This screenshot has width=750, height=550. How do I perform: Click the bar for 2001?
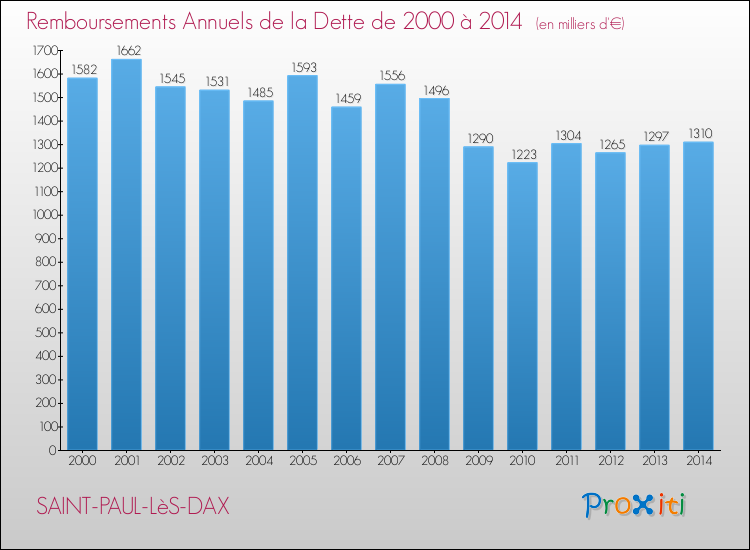click(x=126, y=255)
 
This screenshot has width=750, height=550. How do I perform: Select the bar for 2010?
click(x=522, y=306)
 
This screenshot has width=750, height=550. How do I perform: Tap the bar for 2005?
click(x=302, y=262)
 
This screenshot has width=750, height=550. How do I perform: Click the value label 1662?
click(x=126, y=49)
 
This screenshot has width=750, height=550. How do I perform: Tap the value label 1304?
click(x=566, y=134)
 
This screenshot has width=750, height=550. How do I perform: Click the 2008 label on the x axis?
click(x=434, y=462)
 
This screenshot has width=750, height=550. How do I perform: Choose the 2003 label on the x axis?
click(x=214, y=462)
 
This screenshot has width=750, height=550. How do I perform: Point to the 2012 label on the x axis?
click(x=610, y=462)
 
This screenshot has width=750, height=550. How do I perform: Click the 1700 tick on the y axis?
click(x=44, y=51)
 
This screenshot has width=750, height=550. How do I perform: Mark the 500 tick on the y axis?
click(x=47, y=333)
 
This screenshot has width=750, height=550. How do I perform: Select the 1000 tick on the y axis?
click(x=44, y=215)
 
